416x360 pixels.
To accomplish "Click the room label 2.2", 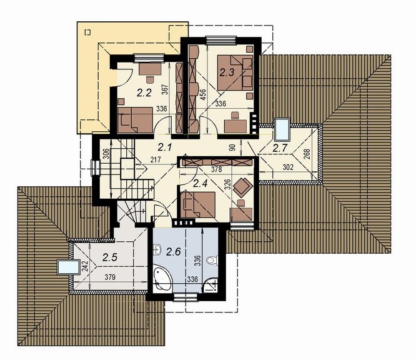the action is click(x=144, y=93).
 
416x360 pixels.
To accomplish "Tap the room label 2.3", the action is click(x=227, y=72).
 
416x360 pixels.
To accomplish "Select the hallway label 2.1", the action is click(x=165, y=147).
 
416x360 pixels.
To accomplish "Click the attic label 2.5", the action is click(x=110, y=257).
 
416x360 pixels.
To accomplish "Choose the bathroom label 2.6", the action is click(x=173, y=251).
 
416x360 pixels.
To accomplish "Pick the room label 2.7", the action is click(x=280, y=148).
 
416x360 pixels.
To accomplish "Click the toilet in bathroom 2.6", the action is click(x=212, y=260).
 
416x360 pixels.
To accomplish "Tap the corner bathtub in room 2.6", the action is click(x=162, y=278).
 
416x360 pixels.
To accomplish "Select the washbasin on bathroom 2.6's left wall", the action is click(x=158, y=249).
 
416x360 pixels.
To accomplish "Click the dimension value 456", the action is click(x=203, y=95).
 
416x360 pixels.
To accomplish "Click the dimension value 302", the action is click(x=288, y=167).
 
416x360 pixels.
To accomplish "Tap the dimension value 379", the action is click(x=110, y=277).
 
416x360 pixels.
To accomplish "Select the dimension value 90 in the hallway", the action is click(x=232, y=148).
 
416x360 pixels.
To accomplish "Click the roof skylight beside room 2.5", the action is click(x=69, y=267).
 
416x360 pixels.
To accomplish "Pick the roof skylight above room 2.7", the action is click(x=282, y=129).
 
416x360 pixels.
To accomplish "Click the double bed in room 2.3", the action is click(x=234, y=72).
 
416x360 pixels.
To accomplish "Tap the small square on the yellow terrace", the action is click(x=87, y=32).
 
